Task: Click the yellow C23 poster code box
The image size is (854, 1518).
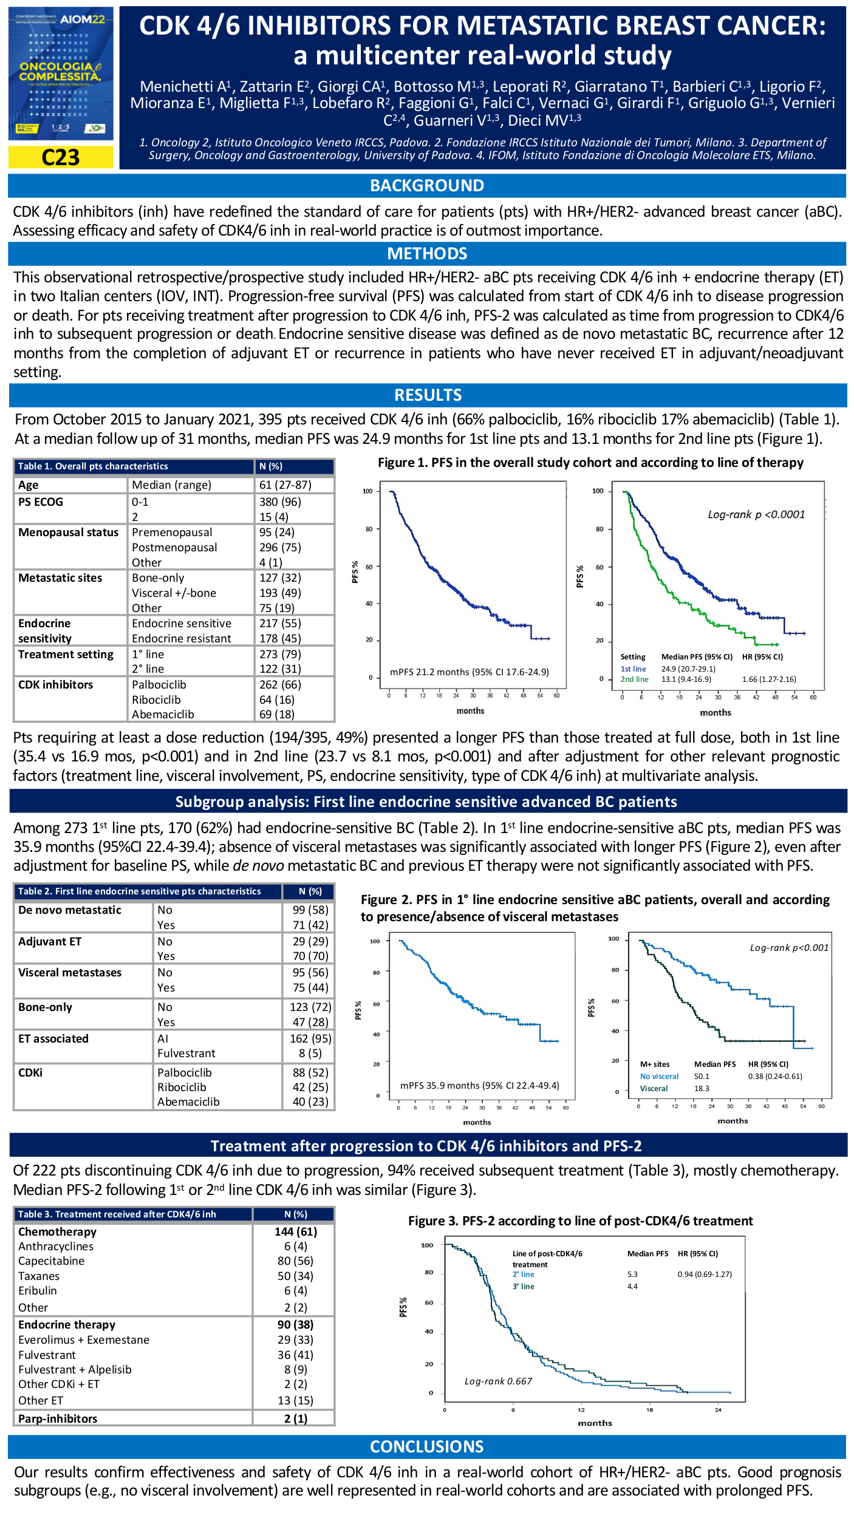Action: pos(61,157)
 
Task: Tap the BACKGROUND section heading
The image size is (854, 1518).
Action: pos(427,186)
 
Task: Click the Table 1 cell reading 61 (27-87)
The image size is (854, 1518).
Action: pos(285,485)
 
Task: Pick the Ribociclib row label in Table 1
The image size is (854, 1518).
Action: pos(156,699)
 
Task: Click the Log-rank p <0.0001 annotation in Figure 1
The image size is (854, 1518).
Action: pos(756,514)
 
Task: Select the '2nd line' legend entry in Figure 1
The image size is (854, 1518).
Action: pos(634,679)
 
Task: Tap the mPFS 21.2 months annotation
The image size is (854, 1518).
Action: pos(469,672)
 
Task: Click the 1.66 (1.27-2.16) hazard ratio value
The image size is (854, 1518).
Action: pos(768,679)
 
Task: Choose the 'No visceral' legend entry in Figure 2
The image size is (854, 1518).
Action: pos(659,1077)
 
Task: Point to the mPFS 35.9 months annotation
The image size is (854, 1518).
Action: pos(479,1085)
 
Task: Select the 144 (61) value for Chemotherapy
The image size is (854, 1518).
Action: pos(295,1231)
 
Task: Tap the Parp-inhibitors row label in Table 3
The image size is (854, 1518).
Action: pos(58,1418)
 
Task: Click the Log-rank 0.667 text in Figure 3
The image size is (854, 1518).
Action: pos(498,1381)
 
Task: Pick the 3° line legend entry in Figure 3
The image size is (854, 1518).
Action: pos(523,1286)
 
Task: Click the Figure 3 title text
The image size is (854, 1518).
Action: pos(580,1221)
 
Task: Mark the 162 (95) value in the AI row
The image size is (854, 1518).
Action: pos(310,1039)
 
